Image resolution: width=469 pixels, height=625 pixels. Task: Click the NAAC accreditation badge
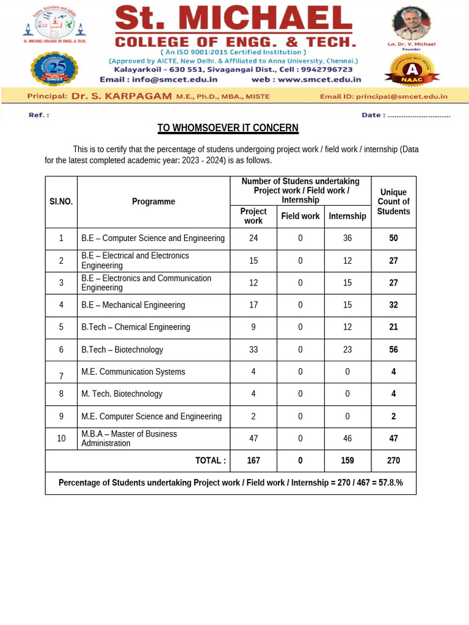[x=412, y=70]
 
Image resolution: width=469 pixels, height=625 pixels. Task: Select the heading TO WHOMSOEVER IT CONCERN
[x=228, y=128]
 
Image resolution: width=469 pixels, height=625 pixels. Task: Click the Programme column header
[x=153, y=201]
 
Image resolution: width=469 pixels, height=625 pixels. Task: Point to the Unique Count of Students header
[x=393, y=201]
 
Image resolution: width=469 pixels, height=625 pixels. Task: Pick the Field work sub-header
[x=300, y=216]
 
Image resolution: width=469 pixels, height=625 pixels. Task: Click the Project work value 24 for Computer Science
[x=253, y=238]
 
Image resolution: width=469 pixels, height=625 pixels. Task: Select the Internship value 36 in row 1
[x=347, y=238]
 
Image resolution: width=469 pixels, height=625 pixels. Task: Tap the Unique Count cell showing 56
[x=393, y=350]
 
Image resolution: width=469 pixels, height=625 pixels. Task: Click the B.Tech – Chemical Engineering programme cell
[x=136, y=327]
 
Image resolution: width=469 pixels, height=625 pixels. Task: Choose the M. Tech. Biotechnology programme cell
[x=122, y=394]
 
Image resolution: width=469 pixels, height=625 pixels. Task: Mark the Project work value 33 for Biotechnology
[x=253, y=350]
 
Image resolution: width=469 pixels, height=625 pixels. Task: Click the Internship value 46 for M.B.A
[x=347, y=438]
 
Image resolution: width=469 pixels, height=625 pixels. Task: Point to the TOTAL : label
[x=210, y=461]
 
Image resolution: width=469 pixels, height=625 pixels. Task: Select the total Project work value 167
[x=253, y=461]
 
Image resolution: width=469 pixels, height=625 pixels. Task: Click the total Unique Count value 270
[x=393, y=461]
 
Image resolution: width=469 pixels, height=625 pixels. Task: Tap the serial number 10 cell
[x=61, y=438]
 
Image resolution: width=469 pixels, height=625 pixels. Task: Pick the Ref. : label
[x=38, y=115]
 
